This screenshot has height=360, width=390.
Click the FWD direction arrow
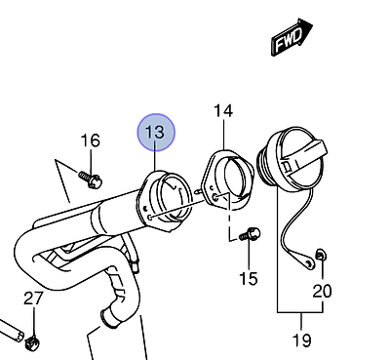point(292,37)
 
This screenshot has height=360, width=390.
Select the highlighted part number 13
point(156,133)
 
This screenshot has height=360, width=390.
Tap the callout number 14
point(223,110)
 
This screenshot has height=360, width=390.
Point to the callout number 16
point(90,140)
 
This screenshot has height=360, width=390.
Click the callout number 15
point(249,278)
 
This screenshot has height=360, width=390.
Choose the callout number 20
point(322,291)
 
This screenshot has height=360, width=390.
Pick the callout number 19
point(302,340)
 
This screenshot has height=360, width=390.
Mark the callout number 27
point(33,298)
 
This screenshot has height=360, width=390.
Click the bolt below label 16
point(91,180)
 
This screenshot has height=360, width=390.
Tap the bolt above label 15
point(250,234)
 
